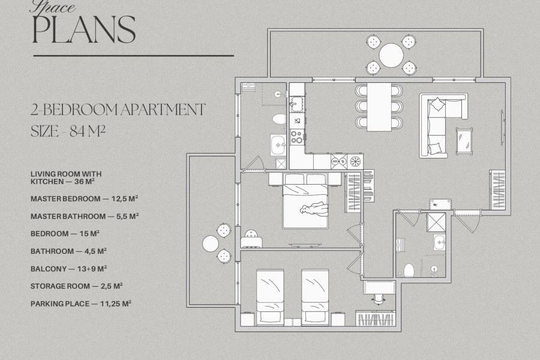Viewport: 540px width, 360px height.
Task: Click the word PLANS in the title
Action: pyautogui.click(x=83, y=29)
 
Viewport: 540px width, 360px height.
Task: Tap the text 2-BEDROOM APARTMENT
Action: pyautogui.click(x=118, y=110)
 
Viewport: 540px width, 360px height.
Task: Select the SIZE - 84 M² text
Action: pyautogui.click(x=68, y=131)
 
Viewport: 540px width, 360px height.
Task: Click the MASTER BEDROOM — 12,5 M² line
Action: pyautogui.click(x=85, y=199)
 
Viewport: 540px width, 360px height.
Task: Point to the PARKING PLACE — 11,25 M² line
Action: pyautogui.click(x=81, y=304)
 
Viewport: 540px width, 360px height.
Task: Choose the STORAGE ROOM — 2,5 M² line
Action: pyautogui.click(x=77, y=286)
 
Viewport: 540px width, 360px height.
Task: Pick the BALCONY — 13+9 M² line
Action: pyautogui.click(x=68, y=269)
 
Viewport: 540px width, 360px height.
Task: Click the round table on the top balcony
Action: pyautogui.click(x=391, y=55)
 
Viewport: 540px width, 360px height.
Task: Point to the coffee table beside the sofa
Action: pyautogui.click(x=464, y=140)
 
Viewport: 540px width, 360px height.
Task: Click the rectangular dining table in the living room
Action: pyautogui.click(x=379, y=107)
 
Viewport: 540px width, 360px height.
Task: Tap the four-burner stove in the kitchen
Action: pyautogui.click(x=297, y=136)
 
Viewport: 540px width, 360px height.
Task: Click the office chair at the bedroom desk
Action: pyautogui.click(x=379, y=299)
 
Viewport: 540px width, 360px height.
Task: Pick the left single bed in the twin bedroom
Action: pyautogui.click(x=271, y=297)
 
